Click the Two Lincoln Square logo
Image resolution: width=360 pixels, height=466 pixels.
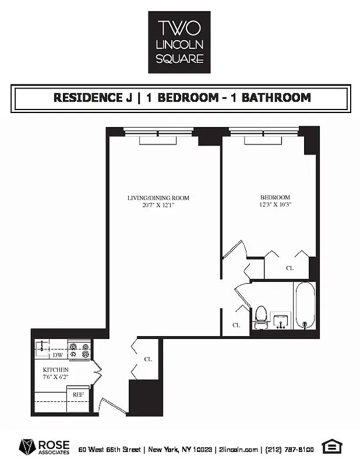tap(179, 42)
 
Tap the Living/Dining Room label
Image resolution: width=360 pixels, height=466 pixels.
tap(158, 198)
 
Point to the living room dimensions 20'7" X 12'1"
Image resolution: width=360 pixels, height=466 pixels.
tap(158, 205)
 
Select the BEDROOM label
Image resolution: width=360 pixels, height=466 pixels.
tap(275, 197)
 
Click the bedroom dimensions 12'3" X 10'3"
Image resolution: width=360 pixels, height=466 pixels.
tap(275, 205)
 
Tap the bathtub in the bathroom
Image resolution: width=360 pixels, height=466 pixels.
tap(304, 306)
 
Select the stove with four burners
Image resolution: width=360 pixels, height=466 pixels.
tap(80, 350)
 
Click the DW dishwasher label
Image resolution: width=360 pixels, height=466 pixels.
tap(58, 355)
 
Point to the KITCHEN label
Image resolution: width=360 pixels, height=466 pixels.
tap(56, 370)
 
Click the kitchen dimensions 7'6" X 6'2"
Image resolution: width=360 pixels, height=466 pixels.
tap(56, 377)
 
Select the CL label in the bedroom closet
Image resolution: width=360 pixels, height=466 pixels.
tap(290, 269)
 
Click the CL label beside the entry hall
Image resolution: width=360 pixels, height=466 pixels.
tap(148, 359)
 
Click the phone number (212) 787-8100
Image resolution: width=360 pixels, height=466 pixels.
tap(290, 449)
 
